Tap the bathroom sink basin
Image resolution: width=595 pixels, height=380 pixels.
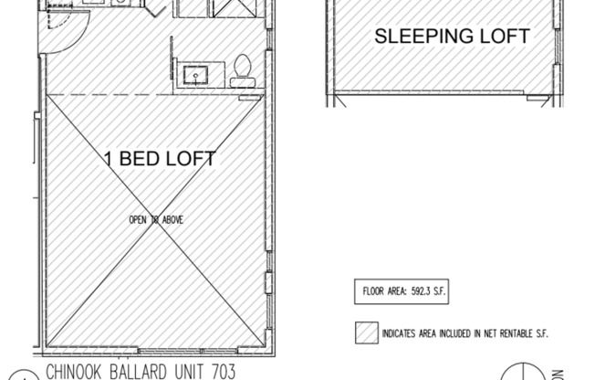[194, 74]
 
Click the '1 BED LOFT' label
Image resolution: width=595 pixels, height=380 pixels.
[159, 159]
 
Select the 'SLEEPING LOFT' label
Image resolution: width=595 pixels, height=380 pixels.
[452, 37]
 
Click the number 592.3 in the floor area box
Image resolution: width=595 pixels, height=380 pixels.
[419, 293]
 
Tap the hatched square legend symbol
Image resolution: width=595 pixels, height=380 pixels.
[367, 333]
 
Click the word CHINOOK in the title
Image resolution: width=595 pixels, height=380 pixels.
[78, 371]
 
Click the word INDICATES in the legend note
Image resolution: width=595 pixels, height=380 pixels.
[402, 334]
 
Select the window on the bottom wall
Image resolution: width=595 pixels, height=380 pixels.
[137, 350]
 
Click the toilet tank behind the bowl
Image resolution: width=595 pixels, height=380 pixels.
[243, 81]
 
